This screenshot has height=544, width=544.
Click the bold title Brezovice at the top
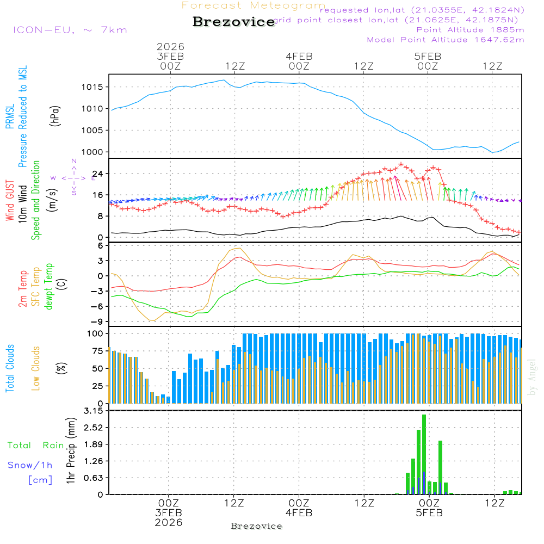[x=233, y=22]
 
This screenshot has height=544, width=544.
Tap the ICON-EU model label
[x=70, y=30]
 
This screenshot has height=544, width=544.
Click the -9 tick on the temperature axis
[x=98, y=322]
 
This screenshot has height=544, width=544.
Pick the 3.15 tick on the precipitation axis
[x=93, y=411]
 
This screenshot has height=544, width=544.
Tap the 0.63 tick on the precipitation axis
[x=93, y=478]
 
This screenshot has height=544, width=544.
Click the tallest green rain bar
[x=424, y=454]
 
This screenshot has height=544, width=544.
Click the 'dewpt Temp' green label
[x=48, y=287]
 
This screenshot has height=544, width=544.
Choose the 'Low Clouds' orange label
[x=36, y=368]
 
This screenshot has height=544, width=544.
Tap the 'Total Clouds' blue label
[x=10, y=368]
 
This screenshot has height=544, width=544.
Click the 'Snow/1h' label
[x=30, y=465]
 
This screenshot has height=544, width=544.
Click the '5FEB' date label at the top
[x=428, y=56]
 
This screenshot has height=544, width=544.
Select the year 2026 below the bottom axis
[x=169, y=522]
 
